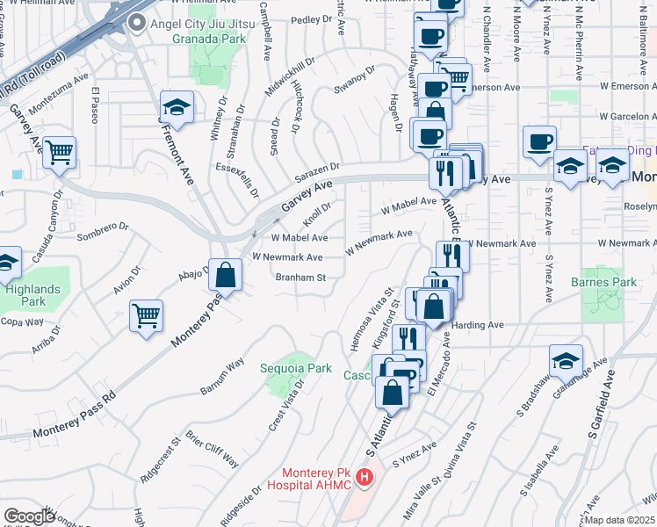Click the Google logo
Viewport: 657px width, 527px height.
[29, 516]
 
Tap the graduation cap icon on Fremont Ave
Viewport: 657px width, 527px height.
[177, 108]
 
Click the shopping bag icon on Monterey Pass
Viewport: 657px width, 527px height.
[227, 274]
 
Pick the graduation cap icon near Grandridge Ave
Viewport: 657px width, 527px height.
[566, 359]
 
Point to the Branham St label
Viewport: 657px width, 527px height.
[301, 278]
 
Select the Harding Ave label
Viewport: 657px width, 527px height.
[478, 325]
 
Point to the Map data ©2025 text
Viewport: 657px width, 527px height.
[620, 520]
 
